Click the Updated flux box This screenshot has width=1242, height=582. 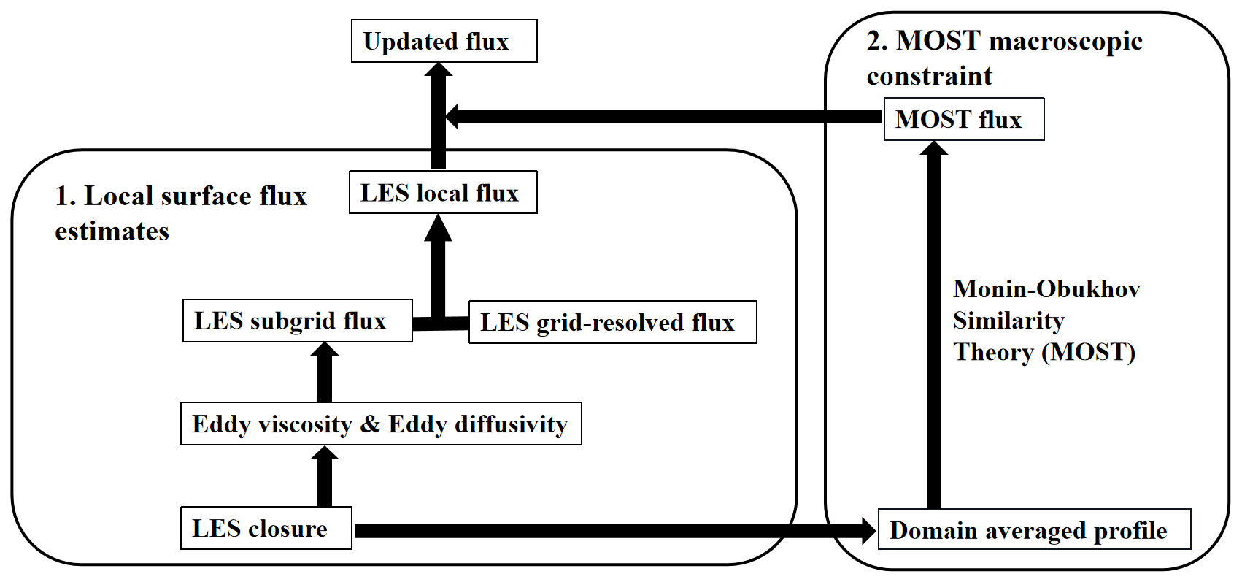point(444,42)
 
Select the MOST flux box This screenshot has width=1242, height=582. point(963,119)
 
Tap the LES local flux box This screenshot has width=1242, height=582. point(443,193)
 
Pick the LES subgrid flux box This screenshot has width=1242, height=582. point(297,321)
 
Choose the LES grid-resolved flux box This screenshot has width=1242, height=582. point(612,323)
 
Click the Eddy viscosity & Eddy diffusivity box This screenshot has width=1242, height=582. point(381,424)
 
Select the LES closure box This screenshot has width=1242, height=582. point(266,529)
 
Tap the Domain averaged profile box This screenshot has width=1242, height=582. point(1033,530)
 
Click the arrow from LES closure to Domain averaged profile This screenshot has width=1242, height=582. point(613,531)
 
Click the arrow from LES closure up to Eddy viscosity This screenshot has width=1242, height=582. point(325,478)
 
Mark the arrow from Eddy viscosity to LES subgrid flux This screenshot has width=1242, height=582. point(325,374)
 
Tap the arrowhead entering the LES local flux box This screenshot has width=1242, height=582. point(439,228)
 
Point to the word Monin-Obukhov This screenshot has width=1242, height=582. point(1046,289)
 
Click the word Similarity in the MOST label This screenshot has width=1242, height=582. point(1008,321)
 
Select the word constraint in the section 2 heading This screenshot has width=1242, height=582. point(930,76)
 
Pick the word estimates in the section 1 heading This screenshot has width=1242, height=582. point(112,231)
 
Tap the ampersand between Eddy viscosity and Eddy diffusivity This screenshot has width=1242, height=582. point(370,424)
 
